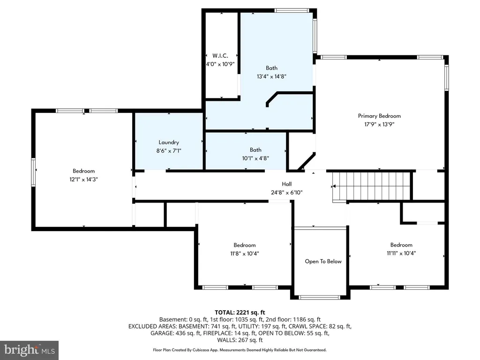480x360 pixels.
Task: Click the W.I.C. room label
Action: click(x=220, y=56)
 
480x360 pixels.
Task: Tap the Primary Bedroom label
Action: click(x=379, y=116)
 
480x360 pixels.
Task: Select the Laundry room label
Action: click(x=169, y=142)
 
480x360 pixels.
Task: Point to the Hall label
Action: click(x=286, y=184)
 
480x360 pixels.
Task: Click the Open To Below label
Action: click(x=323, y=262)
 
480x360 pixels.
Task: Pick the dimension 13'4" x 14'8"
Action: click(x=271, y=76)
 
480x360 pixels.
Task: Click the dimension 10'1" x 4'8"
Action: click(x=255, y=158)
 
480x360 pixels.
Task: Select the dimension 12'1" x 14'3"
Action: click(x=83, y=180)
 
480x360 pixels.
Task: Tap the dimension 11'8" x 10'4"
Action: click(x=245, y=254)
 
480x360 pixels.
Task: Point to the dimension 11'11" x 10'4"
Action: click(x=401, y=253)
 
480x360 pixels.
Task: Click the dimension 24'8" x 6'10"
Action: click(x=286, y=193)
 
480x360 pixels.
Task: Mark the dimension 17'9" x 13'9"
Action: click(x=379, y=124)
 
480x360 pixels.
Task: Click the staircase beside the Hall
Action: click(x=371, y=186)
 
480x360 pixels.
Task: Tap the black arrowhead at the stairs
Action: click(x=334, y=186)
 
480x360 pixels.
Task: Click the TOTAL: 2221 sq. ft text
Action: click(x=240, y=313)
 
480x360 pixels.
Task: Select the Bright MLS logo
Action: click(x=30, y=350)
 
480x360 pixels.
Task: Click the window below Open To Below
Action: click(x=319, y=298)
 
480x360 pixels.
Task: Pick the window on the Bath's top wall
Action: click(x=292, y=10)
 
